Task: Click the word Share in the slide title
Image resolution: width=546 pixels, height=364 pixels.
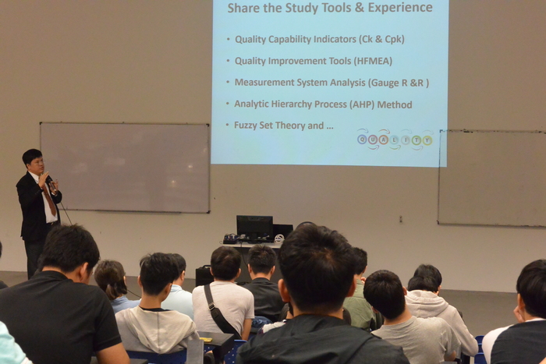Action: point(243,7)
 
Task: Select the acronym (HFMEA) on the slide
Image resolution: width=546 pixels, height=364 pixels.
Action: point(373,62)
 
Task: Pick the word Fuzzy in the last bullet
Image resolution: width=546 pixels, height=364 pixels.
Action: point(245,125)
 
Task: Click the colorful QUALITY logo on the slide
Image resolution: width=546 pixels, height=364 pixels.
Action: point(395,140)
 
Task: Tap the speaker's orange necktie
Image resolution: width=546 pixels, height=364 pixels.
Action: point(49,200)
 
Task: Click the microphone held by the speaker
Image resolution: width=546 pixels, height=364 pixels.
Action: point(49,178)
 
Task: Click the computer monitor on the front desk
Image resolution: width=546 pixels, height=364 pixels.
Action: point(254,228)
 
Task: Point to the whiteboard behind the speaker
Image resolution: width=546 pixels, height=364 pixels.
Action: point(125,168)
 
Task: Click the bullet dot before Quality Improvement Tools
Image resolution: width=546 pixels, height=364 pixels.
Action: point(228,61)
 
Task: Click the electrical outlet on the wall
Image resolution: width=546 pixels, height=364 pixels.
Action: point(401,219)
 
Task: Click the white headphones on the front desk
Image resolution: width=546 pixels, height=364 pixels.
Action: point(279,239)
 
